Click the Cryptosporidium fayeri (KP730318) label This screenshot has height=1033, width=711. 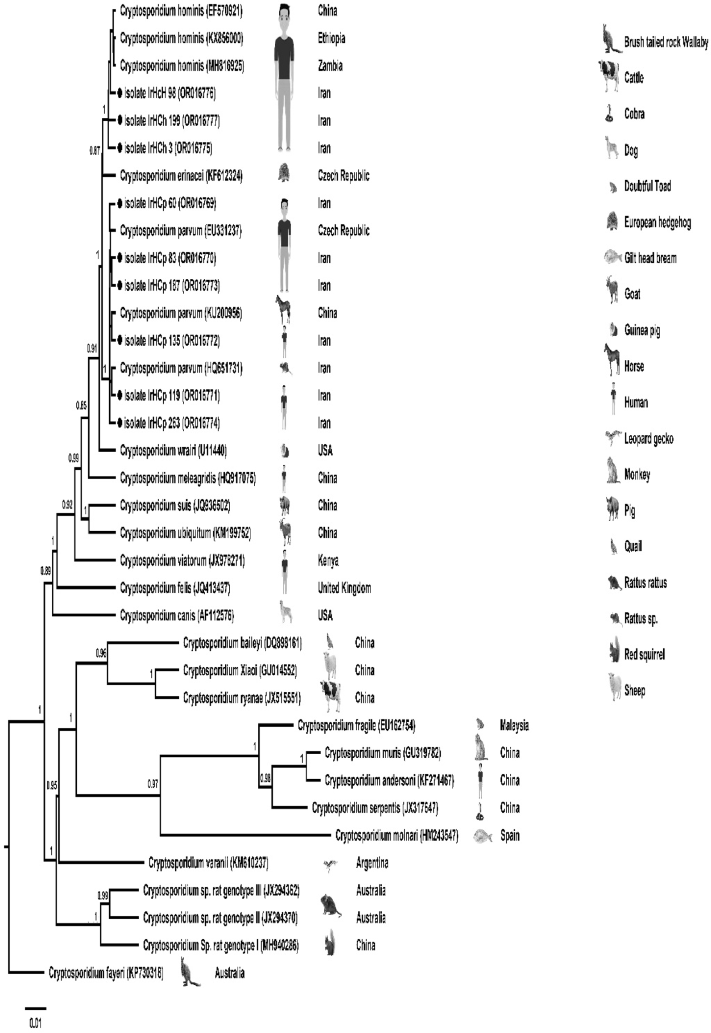click(x=106, y=973)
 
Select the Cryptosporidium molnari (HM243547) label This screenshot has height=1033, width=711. click(x=397, y=835)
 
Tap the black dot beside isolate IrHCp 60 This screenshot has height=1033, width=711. click(x=120, y=204)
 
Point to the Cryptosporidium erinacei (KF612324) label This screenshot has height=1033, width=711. click(x=181, y=176)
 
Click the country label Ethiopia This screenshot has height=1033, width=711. click(x=331, y=38)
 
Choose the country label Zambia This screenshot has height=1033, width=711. click(x=330, y=66)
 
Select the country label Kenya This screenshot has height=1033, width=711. click(x=328, y=561)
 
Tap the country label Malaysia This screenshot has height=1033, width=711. click(x=514, y=726)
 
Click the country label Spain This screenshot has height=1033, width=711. click(x=510, y=835)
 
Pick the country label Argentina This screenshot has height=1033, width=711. click(x=372, y=863)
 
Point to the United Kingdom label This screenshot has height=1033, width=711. click(x=344, y=588)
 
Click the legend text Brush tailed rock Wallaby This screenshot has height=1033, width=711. click(x=666, y=42)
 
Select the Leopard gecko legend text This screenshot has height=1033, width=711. click(x=649, y=439)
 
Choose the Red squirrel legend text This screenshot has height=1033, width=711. click(x=645, y=655)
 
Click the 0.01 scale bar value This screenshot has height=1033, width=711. click(x=35, y=1023)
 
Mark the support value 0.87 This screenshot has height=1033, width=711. click(x=95, y=151)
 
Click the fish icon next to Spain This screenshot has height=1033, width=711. click(x=483, y=835)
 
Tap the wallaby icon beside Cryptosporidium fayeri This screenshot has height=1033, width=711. click(x=190, y=973)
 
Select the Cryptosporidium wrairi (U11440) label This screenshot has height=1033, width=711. click(x=173, y=451)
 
